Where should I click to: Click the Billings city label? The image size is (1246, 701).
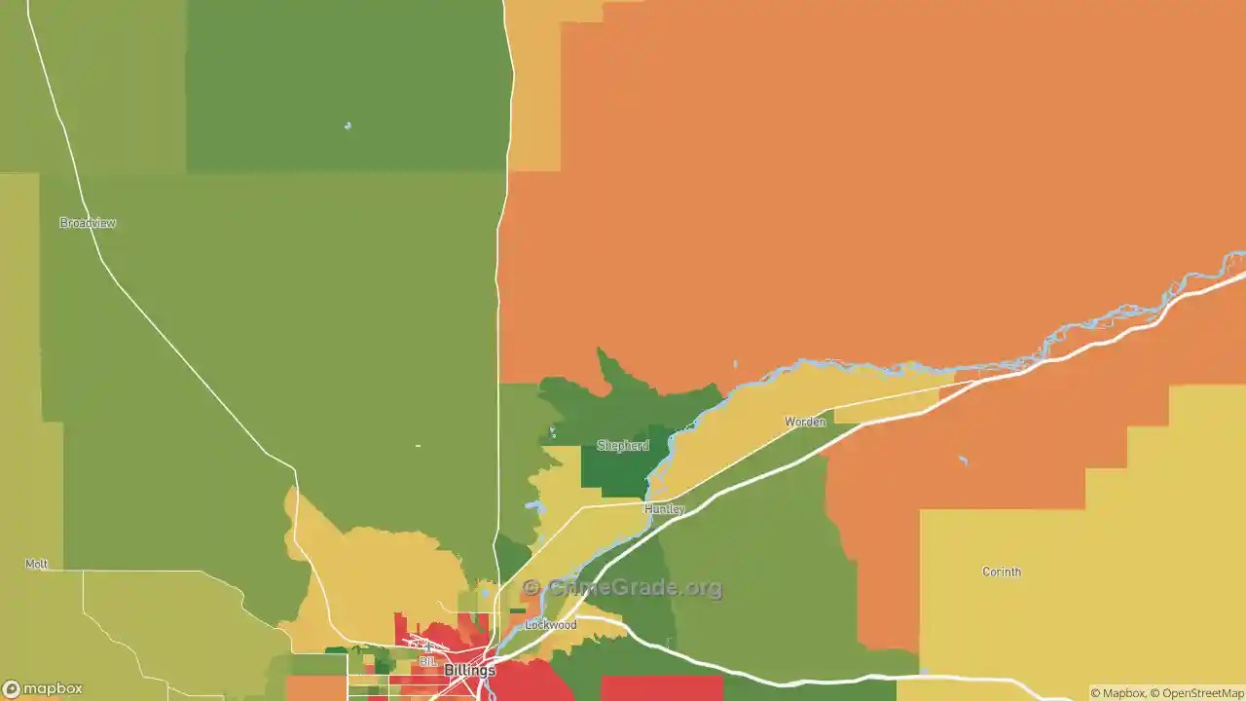[469, 671]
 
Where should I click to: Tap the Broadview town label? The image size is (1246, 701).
[88, 223]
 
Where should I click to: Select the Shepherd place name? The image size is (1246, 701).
[622, 446]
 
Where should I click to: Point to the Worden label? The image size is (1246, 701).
[805, 422]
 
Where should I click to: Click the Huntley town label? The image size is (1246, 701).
[665, 509]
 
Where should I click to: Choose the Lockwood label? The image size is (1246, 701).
[550, 625]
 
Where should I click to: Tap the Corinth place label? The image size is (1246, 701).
[1001, 572]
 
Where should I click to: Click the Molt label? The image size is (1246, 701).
[36, 565]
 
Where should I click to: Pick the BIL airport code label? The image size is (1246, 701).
[427, 662]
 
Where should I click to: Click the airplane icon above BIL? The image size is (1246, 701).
[427, 646]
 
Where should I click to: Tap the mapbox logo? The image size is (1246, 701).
[43, 689]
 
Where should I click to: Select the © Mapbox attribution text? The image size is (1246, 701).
[1118, 693]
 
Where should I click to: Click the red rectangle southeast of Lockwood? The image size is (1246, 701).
[661, 687]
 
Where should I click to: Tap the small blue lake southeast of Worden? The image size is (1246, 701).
[963, 461]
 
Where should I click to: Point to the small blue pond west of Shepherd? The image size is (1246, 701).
[552, 431]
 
